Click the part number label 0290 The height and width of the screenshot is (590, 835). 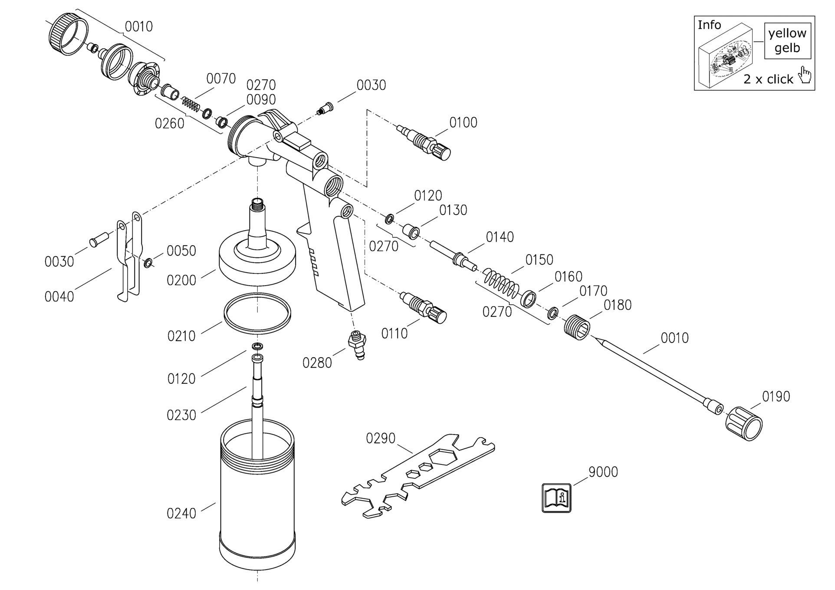click(381, 438)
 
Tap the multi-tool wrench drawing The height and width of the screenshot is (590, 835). click(418, 477)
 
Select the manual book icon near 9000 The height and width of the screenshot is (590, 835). click(556, 498)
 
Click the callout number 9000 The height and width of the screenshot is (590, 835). click(603, 472)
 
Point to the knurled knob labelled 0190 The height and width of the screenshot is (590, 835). click(744, 424)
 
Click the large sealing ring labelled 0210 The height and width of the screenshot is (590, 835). click(257, 313)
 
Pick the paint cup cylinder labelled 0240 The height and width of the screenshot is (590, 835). click(257, 495)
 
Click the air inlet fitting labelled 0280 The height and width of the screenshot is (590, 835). click(357, 345)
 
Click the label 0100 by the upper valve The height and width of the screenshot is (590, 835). click(463, 123)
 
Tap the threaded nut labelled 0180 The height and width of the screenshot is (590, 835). click(577, 327)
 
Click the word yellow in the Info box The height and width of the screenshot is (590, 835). click(787, 33)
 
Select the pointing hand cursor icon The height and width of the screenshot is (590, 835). click(805, 75)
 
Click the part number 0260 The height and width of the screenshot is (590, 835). click(170, 124)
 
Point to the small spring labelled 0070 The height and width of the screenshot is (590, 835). click(191, 104)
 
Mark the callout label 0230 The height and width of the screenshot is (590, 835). click(181, 415)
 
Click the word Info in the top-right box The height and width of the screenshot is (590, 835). click(709, 25)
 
